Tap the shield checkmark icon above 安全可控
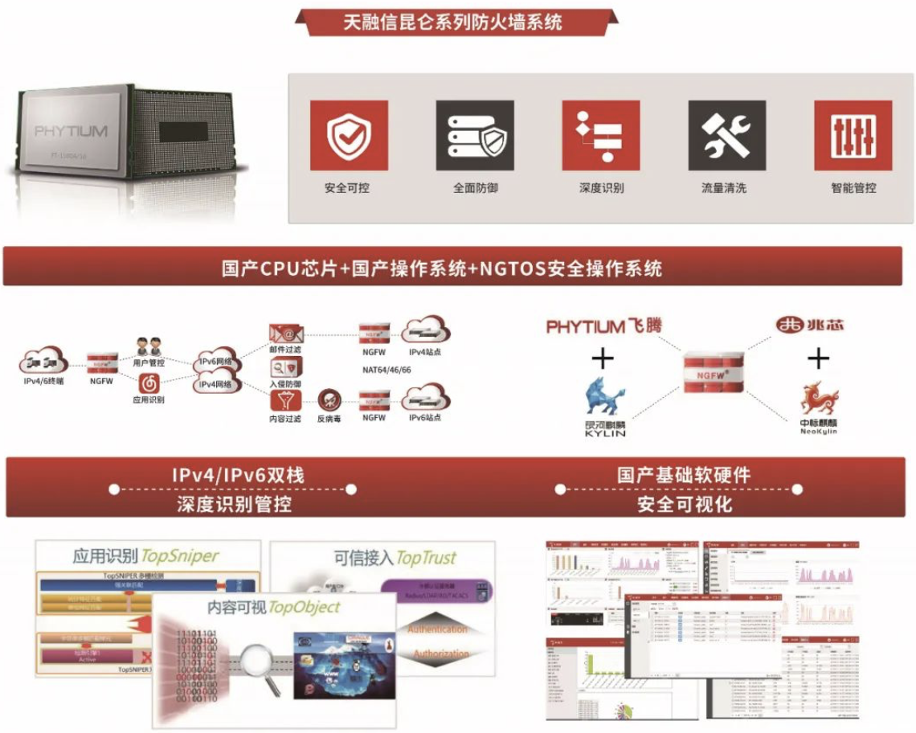tap(349, 135)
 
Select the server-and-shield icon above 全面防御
tap(475, 135)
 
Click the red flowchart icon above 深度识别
tap(601, 135)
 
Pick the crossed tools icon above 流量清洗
tap(726, 135)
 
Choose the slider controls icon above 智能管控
tap(853, 135)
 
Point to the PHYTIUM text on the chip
tap(71, 131)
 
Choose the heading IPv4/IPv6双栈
tap(238, 474)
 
